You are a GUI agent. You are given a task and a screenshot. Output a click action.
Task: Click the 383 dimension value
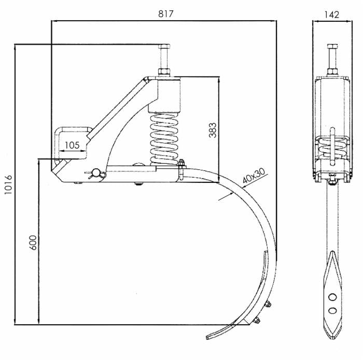[x=212, y=129]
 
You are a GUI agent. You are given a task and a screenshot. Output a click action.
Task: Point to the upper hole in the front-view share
[x=332, y=296]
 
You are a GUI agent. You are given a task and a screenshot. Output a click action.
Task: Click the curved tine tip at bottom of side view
[x=210, y=336]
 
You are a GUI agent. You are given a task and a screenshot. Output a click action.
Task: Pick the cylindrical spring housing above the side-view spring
[x=165, y=96]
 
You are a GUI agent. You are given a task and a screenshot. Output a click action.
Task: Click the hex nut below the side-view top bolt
[x=165, y=72]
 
